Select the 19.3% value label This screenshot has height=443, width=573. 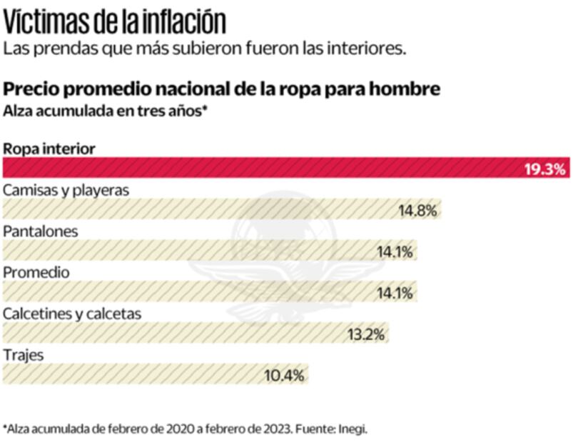[545, 170]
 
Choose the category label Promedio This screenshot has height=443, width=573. [36, 272]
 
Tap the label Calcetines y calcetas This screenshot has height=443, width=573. [72, 313]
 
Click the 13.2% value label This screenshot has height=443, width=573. [366, 334]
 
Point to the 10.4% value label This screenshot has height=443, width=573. [285, 374]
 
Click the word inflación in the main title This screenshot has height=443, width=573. [181, 22]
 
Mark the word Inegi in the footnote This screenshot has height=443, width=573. [353, 429]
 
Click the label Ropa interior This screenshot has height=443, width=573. [49, 149]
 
